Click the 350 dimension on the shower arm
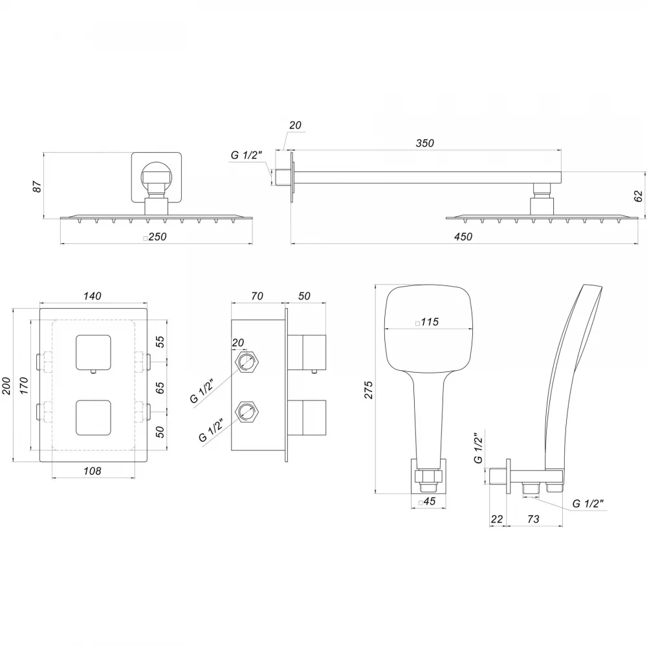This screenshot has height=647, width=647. (424, 143)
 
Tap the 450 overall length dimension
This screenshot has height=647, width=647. (463, 237)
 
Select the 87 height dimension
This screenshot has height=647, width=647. (37, 186)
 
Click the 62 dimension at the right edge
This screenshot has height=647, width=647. (638, 195)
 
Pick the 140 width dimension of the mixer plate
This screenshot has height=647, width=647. (92, 296)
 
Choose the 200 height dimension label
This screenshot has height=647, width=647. (7, 386)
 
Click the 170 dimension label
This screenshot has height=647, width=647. (24, 386)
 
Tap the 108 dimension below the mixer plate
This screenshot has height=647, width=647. (92, 471)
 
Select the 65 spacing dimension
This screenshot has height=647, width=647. (160, 388)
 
